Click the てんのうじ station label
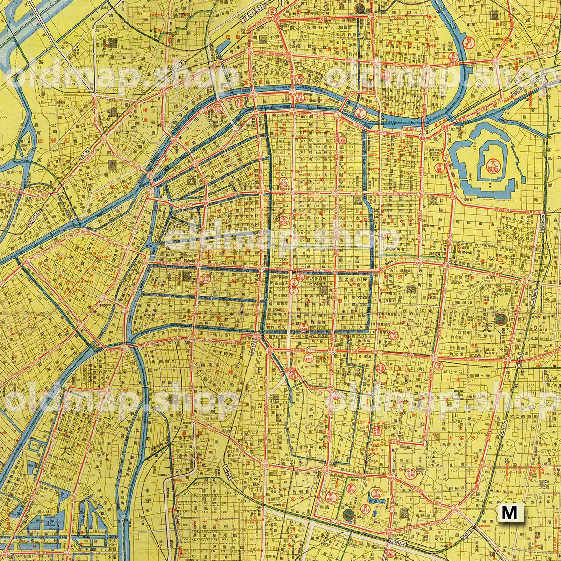396,539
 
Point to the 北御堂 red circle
283,182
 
